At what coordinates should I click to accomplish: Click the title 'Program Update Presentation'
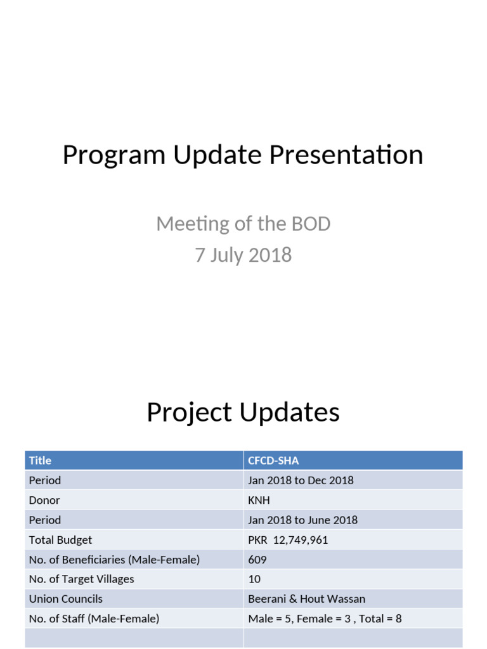[x=243, y=155]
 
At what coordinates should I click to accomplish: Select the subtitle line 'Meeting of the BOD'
[x=243, y=224]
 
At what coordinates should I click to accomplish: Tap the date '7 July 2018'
[x=243, y=255]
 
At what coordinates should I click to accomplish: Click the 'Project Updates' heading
[x=243, y=413]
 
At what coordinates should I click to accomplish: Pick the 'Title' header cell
[x=40, y=461]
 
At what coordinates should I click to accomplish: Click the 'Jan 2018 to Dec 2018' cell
[x=301, y=480]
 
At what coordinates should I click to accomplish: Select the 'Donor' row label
[x=44, y=500]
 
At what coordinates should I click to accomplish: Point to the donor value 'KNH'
[x=259, y=500]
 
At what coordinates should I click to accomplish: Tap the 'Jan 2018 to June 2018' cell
[x=302, y=520]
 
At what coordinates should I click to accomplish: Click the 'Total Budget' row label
[x=60, y=540]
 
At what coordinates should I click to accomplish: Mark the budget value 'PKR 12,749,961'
[x=288, y=540]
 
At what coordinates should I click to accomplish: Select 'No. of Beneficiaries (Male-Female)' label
[x=114, y=560]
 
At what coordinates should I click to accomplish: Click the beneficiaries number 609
[x=257, y=560]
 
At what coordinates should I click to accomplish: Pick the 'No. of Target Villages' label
[x=81, y=579]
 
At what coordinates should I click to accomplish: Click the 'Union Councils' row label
[x=65, y=599]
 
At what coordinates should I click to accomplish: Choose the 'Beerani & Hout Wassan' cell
[x=306, y=599]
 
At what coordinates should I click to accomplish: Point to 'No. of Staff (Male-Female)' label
[x=94, y=619]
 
